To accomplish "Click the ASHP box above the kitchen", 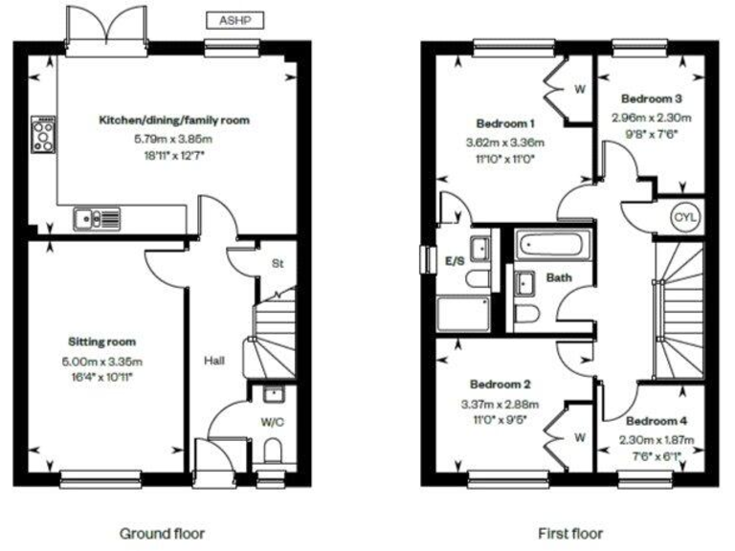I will coord(234,18).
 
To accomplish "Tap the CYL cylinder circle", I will coord(685,217).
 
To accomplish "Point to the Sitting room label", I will coord(101,342).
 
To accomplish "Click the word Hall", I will coord(214,360).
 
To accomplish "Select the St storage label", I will coord(278,263).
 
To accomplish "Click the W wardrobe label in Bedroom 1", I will coord(580,91).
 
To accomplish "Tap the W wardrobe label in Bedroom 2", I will coord(578,439).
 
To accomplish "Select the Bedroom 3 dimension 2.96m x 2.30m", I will coord(651,119).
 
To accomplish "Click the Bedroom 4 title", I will coord(656,422).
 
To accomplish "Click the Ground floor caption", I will coord(162,533).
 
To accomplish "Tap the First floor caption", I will coord(570,533).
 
